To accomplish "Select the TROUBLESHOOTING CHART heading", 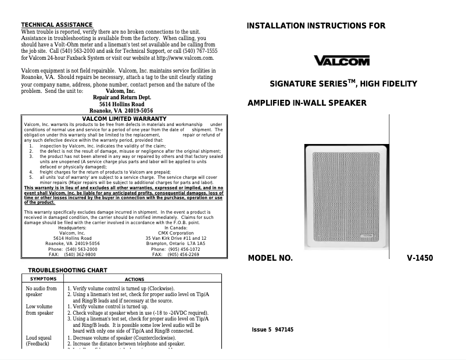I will pyautogui.click(x=67, y=271).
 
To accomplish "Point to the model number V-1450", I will pyautogui.click(x=420, y=258).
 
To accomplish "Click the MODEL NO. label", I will pyautogui.click(x=270, y=258).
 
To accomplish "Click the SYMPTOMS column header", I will pyautogui.click(x=43, y=279).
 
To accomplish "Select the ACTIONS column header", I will pyautogui.click(x=135, y=279).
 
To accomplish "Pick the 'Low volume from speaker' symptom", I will pyautogui.click(x=40, y=309).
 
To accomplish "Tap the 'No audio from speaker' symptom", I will pyautogui.click(x=41, y=291).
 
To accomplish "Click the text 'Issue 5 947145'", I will pyautogui.click(x=273, y=330).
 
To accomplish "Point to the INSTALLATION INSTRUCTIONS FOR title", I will pyautogui.click(x=316, y=26).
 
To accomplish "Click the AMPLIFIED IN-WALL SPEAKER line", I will pyautogui.click(x=307, y=103).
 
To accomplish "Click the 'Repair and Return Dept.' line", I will pyautogui.click(x=121, y=98).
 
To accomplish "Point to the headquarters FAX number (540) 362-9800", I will pyautogui.click(x=73, y=254).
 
